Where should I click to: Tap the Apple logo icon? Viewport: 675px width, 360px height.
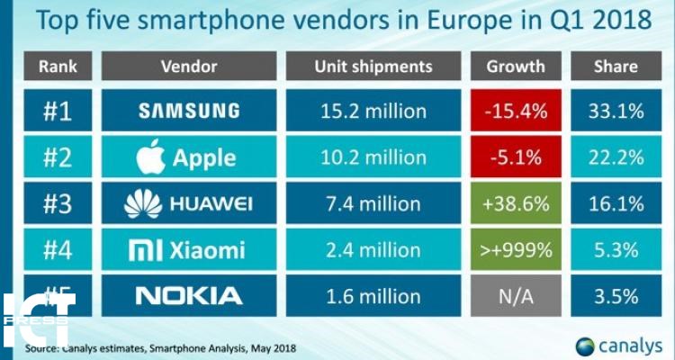(151, 157)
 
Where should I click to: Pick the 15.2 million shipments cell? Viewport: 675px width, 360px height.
(373, 111)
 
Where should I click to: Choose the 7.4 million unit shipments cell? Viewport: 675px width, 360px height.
(373, 202)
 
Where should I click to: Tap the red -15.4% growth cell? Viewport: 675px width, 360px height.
(516, 111)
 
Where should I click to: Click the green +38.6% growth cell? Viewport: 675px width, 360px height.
(516, 202)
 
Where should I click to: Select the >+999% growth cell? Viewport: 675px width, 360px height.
(516, 248)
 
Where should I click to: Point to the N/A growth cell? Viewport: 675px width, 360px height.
(516, 294)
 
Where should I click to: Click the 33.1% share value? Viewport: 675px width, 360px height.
(616, 111)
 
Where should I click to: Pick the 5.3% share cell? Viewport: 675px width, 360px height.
(616, 248)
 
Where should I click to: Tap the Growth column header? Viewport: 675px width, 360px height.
(516, 67)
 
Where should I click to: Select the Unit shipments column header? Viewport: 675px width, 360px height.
(373, 67)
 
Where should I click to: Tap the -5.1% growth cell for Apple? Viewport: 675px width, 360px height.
(516, 157)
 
